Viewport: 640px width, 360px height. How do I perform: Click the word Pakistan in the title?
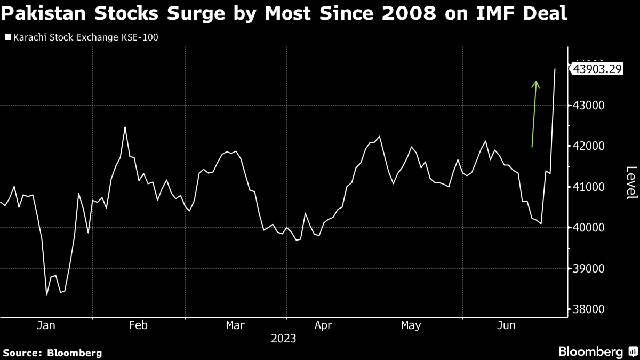click(x=43, y=13)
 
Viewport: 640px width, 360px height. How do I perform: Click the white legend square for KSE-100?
click(x=8, y=37)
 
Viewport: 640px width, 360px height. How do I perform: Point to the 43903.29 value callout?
click(x=597, y=69)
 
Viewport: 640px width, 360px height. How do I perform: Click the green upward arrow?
click(x=534, y=114)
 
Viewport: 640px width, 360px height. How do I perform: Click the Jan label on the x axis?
click(x=46, y=325)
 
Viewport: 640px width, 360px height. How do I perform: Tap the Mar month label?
click(x=235, y=325)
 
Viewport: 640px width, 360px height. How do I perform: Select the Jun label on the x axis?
click(x=506, y=325)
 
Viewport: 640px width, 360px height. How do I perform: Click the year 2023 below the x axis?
click(x=283, y=339)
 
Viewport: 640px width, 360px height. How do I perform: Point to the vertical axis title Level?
click(x=631, y=183)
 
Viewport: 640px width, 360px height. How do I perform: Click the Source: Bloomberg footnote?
click(x=53, y=353)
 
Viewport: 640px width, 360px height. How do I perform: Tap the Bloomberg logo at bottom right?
click(x=598, y=351)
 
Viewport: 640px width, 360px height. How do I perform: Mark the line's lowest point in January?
click(x=46, y=295)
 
